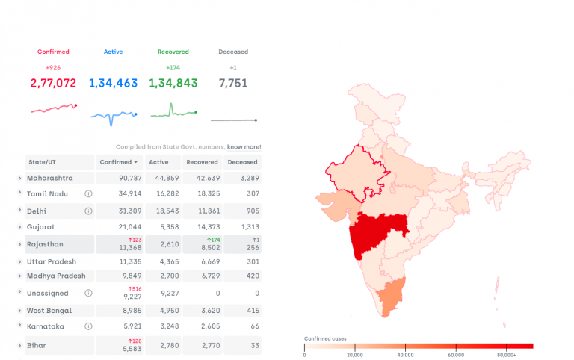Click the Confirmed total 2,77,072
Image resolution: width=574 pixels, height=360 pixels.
point(53,84)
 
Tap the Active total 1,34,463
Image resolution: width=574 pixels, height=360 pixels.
point(113,84)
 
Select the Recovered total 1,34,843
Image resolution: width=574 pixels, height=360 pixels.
point(173,84)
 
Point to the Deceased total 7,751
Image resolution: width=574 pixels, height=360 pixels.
point(233,84)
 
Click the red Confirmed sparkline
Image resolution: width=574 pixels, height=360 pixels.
point(53,109)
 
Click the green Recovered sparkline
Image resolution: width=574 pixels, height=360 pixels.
point(173,112)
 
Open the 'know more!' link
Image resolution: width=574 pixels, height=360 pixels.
point(244,147)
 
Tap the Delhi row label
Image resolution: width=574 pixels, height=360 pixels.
point(37,211)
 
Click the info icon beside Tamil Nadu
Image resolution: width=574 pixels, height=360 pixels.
point(88,193)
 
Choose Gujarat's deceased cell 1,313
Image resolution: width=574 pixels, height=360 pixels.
point(243,227)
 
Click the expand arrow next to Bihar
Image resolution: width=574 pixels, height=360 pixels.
point(19,346)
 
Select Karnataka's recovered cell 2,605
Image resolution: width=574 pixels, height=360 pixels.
point(202,326)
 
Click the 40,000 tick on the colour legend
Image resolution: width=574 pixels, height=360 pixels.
point(405,355)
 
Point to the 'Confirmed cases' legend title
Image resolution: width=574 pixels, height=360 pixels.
point(326,338)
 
